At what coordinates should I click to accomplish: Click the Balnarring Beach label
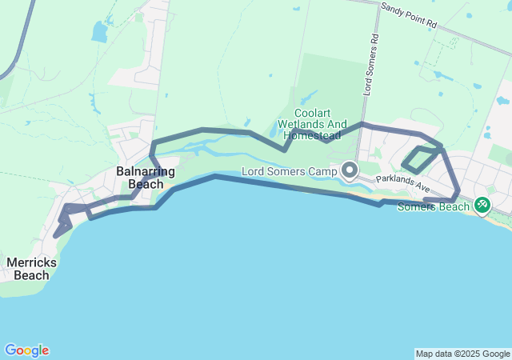[140, 178]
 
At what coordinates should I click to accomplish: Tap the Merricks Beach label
[28, 268]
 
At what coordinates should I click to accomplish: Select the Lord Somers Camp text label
[290, 170]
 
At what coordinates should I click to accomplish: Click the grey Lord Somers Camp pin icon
[350, 170]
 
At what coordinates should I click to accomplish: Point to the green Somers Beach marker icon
[482, 205]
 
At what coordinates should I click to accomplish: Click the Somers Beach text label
[433, 206]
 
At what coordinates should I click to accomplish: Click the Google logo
[26, 350]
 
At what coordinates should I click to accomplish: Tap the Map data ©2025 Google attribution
[462, 354]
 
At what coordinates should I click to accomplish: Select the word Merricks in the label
[28, 262]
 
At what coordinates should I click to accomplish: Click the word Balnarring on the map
[140, 171]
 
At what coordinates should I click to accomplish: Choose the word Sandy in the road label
[391, 9]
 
